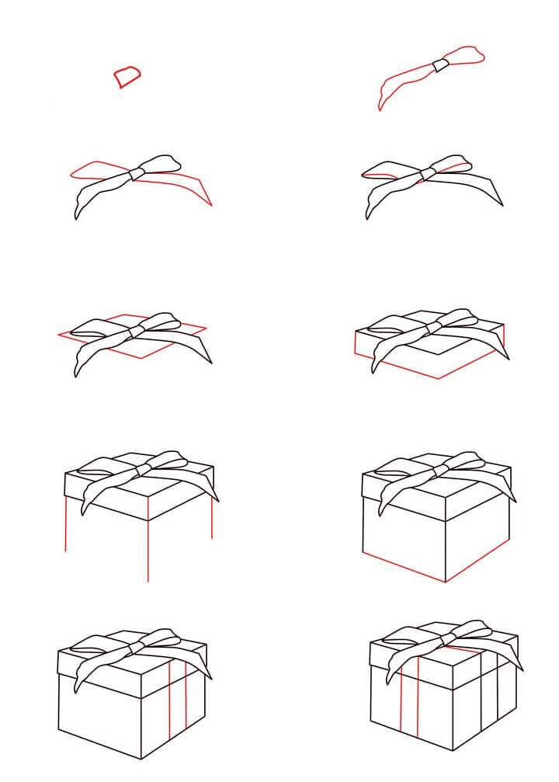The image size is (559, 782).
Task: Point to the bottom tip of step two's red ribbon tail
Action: coord(380,109)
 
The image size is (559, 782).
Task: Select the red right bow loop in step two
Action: coord(467,56)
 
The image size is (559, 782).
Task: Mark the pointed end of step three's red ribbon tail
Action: coord(211,206)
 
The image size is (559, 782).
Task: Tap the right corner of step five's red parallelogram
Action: coord(207,328)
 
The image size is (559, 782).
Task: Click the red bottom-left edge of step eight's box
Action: coord(404,568)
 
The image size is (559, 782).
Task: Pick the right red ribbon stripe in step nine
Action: coord(186,703)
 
